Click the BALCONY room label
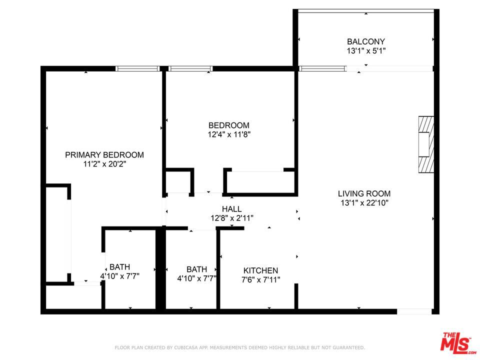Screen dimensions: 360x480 (x=366, y=42)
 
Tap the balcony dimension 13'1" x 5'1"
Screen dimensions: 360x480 (x=366, y=51)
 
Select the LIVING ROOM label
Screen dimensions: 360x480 (x=364, y=193)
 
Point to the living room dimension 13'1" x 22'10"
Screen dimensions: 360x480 (x=364, y=202)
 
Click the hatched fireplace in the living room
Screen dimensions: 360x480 (x=424, y=144)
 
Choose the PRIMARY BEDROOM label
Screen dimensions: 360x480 (x=104, y=155)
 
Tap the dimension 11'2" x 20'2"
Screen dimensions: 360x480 (x=104, y=164)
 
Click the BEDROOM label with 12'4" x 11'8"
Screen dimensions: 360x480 (x=229, y=125)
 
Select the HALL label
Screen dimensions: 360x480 (x=232, y=209)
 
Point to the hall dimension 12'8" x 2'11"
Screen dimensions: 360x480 (x=232, y=218)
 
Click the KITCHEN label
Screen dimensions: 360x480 (x=260, y=270)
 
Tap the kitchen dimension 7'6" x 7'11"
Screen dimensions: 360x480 (x=260, y=279)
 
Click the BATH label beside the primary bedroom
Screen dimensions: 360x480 (x=120, y=267)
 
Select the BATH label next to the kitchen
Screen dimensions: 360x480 (x=196, y=269)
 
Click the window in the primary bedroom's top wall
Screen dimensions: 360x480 (x=137, y=68)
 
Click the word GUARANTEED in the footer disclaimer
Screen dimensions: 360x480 (x=347, y=347)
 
